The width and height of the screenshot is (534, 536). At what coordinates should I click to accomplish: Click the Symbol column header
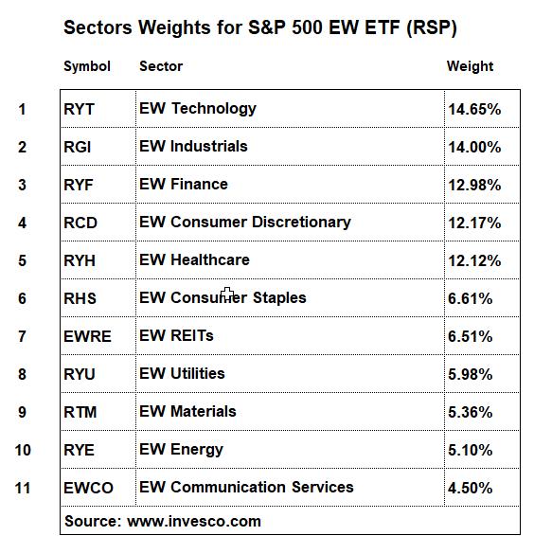[87, 67]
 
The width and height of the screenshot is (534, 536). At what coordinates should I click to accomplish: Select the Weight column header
[470, 67]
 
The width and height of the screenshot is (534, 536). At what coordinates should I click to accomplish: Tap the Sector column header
[161, 66]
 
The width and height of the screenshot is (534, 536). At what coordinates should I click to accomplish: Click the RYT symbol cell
[79, 110]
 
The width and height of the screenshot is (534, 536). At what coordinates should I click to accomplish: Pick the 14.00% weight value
[474, 148]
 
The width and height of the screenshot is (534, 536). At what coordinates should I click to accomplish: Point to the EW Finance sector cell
[184, 185]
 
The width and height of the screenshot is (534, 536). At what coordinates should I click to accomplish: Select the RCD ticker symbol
[80, 223]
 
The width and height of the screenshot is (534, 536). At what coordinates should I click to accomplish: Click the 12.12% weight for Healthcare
[474, 260]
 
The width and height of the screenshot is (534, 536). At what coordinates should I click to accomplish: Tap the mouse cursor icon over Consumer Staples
[227, 295]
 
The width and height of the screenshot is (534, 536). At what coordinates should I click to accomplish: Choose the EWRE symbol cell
[87, 336]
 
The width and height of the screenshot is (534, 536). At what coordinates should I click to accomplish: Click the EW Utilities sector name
[182, 373]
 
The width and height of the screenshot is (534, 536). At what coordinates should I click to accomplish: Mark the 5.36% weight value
[471, 412]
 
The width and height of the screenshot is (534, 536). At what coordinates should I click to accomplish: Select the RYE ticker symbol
[79, 450]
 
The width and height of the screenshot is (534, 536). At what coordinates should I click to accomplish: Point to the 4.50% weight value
[471, 488]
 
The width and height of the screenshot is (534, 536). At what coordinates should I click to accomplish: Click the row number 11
[23, 488]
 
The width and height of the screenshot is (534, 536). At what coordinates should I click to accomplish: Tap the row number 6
[22, 298]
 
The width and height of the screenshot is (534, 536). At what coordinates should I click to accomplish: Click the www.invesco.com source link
[194, 522]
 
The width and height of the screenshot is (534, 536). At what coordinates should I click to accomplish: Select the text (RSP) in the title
[432, 27]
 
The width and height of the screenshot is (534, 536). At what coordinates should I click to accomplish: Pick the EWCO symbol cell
[89, 488]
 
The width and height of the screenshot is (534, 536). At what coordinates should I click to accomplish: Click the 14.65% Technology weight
[474, 110]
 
